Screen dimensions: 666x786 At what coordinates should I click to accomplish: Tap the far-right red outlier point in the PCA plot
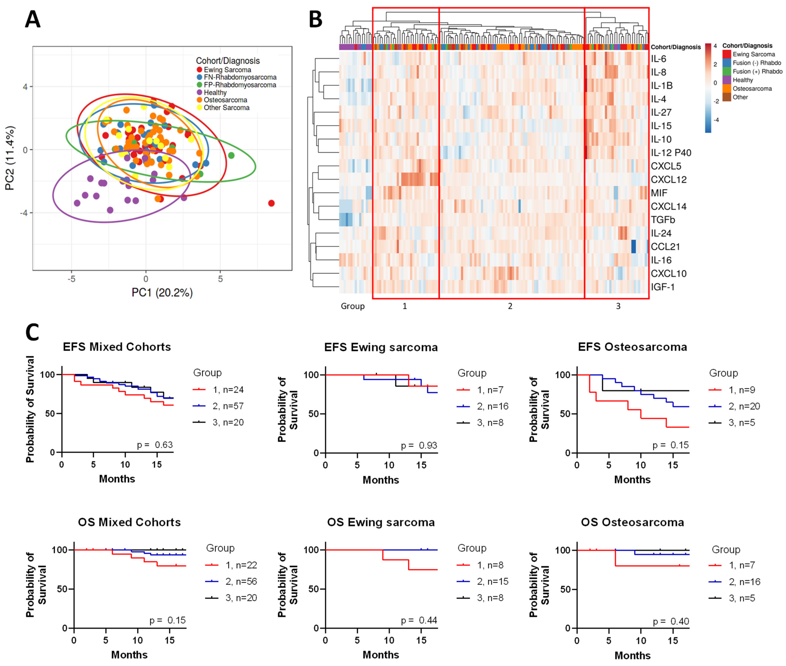click(x=271, y=204)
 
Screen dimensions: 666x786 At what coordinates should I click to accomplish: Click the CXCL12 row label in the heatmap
click(x=668, y=180)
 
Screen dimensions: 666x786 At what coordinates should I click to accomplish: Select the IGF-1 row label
click(x=663, y=287)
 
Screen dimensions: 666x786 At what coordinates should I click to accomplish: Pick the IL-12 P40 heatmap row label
click(x=671, y=153)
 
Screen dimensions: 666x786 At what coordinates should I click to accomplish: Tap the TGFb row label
click(x=663, y=220)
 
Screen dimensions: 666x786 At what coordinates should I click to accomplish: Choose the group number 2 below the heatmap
click(x=510, y=306)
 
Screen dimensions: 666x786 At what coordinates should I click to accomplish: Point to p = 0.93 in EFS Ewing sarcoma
click(x=419, y=446)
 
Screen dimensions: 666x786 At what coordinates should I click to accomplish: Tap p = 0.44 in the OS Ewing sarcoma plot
click(x=419, y=620)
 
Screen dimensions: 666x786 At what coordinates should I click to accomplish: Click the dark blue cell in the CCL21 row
click(x=633, y=247)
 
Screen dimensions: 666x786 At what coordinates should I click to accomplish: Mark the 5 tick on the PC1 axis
click(x=220, y=279)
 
